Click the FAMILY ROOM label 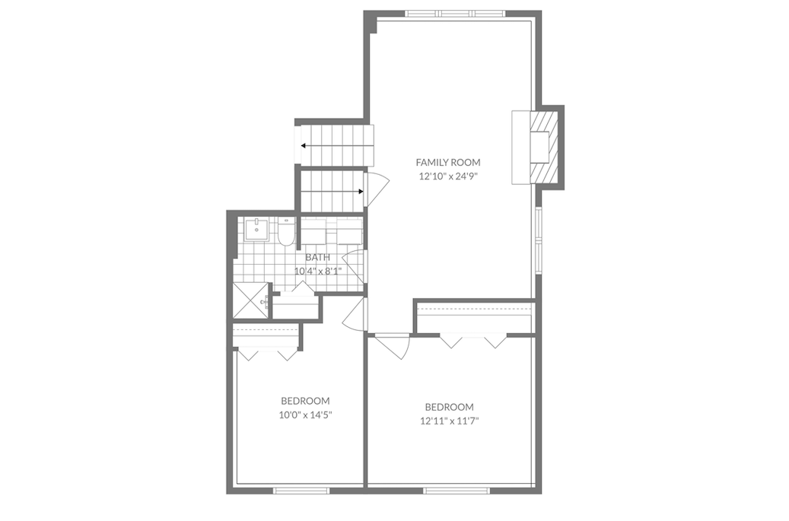coord(447,162)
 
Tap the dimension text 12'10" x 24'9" coord(447,176)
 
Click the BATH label coord(317,257)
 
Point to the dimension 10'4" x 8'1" coord(317,271)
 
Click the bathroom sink coord(257,228)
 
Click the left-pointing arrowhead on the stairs coord(304,145)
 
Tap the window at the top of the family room coord(455,14)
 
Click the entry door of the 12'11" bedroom coord(394,346)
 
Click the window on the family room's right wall coord(539,238)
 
